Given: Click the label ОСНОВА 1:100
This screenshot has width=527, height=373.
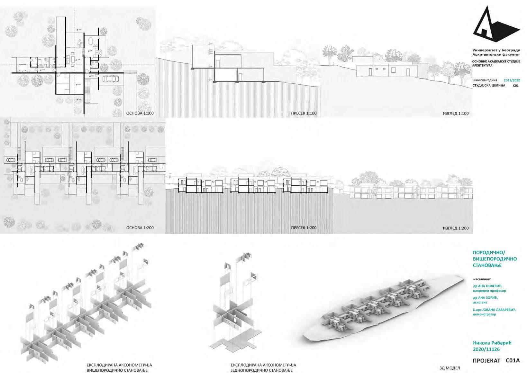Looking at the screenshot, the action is coord(140,113).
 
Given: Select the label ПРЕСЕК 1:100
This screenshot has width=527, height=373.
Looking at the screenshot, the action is coord(304,113).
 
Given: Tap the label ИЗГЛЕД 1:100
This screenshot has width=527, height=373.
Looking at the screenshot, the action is coord(456,113).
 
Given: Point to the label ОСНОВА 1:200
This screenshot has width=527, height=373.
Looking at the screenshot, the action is coord(140,228).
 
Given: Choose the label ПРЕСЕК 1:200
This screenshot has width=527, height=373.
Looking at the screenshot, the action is coord(304,228).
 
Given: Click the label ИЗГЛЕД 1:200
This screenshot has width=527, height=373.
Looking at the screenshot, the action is coord(456,228).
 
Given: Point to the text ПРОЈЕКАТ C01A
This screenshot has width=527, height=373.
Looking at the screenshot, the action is coord(496,361).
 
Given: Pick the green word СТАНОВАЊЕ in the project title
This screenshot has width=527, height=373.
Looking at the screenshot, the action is coord(487,265).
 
